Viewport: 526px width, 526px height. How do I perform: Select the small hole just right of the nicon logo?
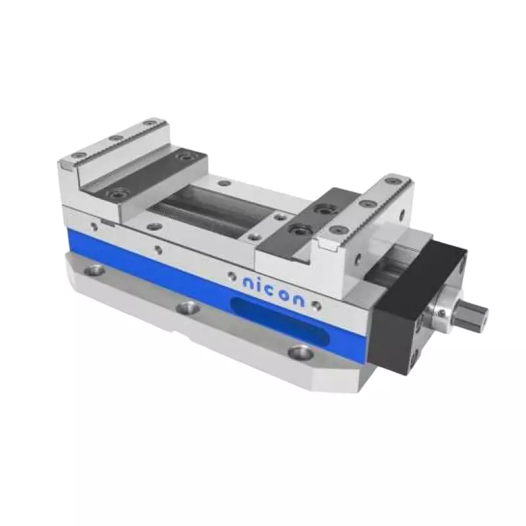(316, 304)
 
